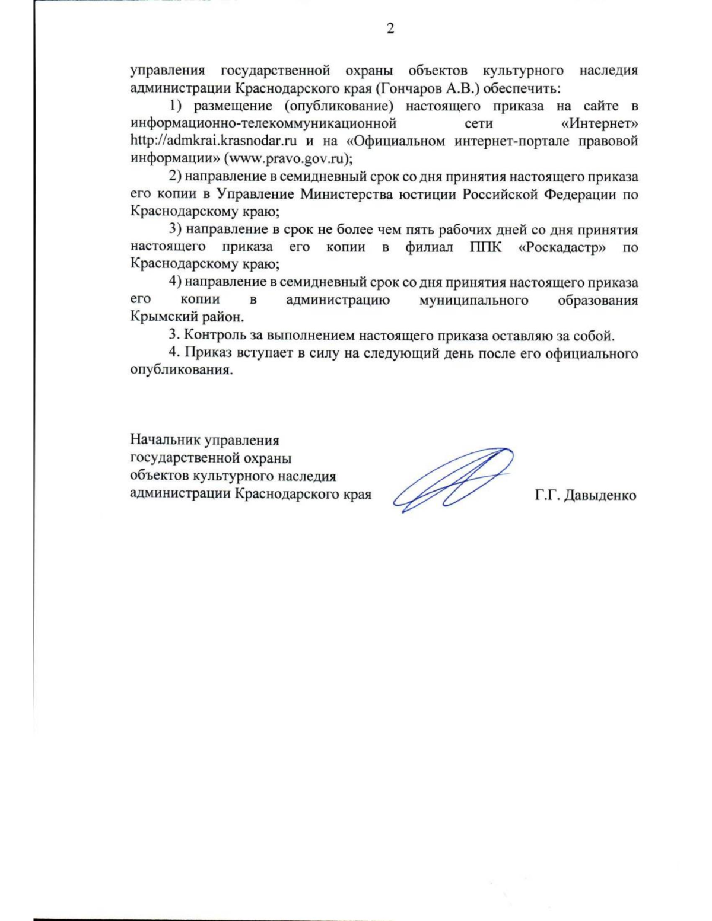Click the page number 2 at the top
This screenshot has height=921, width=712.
[x=390, y=28]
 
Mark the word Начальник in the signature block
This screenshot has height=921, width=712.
[x=165, y=441]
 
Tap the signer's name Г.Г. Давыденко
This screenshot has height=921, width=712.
[x=585, y=495]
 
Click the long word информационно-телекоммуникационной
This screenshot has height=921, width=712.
[x=263, y=124]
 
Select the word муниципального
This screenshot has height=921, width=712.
[x=473, y=300]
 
